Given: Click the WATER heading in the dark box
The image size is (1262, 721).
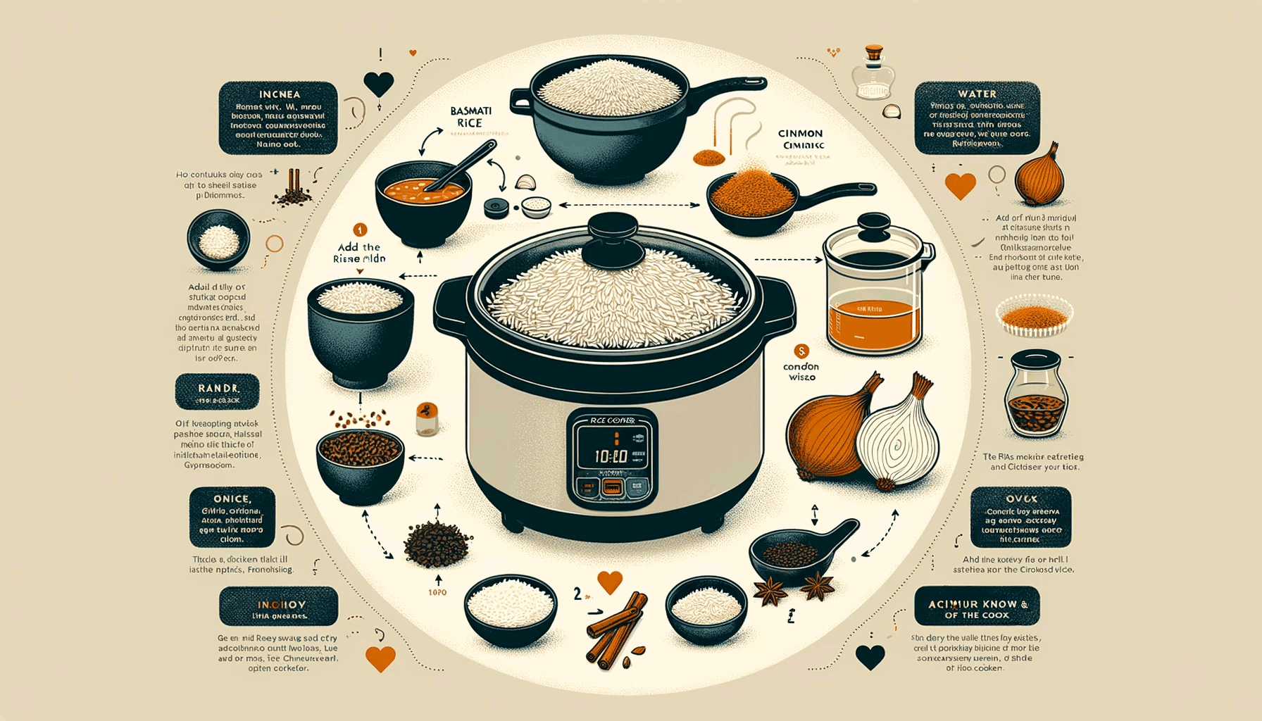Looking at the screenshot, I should click(x=977, y=94).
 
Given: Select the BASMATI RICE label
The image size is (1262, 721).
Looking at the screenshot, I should click(x=470, y=117).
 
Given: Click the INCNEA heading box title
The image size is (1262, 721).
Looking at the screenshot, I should click(x=279, y=94).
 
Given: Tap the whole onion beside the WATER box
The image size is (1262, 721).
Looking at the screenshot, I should click(x=1039, y=177).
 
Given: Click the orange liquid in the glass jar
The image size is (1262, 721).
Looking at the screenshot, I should click(x=874, y=324).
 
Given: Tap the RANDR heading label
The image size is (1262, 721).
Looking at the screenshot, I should click(x=218, y=389).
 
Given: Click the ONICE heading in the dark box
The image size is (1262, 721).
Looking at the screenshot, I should click(x=232, y=499).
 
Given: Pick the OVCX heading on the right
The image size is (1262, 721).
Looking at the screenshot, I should click(x=1021, y=499).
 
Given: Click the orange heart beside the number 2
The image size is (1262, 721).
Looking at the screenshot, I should click(x=610, y=582).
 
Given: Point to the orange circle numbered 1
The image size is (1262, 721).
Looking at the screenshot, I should click(x=360, y=230).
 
